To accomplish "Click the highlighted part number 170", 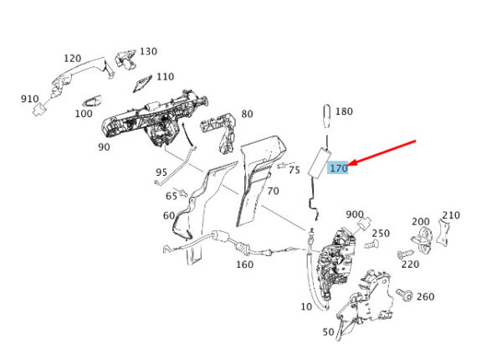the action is pos(338,168).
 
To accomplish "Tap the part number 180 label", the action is pos(344,111).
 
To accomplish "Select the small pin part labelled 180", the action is pos(326,116).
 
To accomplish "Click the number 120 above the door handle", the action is pos(72,59).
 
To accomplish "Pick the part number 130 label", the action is pos(149,52).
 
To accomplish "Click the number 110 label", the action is pos(165,77).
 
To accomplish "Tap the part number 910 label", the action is pos(30,99).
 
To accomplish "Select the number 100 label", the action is pos(84,114).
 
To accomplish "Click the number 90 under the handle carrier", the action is pos(104,147).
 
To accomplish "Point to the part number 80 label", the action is pos(247,114).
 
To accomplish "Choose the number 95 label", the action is pos(161,172).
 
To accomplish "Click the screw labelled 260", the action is pos(404,295).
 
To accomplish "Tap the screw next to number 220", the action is pos(402,255).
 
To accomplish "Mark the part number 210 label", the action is pos(451,215).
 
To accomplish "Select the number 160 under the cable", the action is pos(245,265).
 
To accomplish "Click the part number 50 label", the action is pos(329,332).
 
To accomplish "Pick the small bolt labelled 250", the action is pos(371,244).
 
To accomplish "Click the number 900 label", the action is pos(355,214).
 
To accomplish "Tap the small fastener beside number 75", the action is pos(282,166).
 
